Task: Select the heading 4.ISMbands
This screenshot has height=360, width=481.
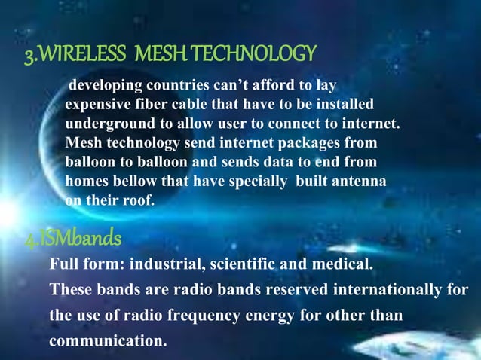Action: [72, 239]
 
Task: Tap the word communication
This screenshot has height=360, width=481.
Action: [108, 341]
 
